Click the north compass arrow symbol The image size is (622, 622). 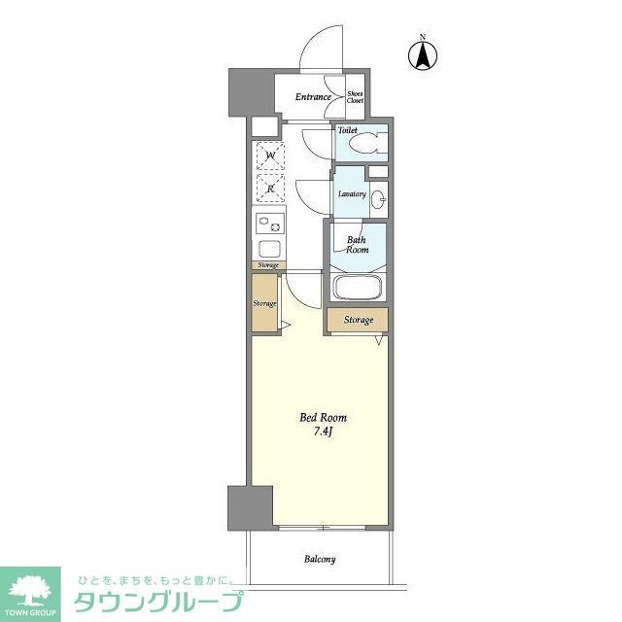pos(423,56)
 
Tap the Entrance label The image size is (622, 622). pos(314,97)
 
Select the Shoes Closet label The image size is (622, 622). pos(356,97)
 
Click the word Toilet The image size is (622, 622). pos(348,130)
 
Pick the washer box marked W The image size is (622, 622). pos(269,155)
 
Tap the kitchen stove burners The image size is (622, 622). pos(268,225)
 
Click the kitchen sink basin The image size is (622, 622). pos(268,248)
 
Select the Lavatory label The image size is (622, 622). pos(352,193)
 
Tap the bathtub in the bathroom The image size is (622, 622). pos(359,289)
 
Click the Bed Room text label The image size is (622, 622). pos(322,418)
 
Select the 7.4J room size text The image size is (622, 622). pos(322,432)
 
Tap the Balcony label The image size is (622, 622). pos(320,559)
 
